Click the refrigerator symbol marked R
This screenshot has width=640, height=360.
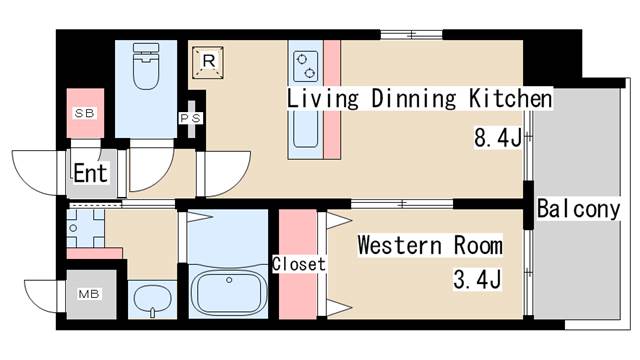(x=208, y=62)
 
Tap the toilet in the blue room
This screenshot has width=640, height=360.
(x=146, y=66)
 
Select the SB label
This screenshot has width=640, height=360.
(x=85, y=113)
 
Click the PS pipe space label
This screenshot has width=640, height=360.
(x=191, y=118)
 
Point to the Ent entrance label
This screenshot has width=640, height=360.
(x=91, y=173)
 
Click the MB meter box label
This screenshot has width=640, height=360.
(x=89, y=294)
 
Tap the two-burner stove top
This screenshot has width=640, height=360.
(x=306, y=66)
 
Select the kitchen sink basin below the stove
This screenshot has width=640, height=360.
(x=305, y=127)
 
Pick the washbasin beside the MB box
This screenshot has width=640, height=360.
(x=153, y=300)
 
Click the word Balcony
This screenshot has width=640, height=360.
(x=578, y=209)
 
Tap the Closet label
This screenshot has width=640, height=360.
(x=299, y=264)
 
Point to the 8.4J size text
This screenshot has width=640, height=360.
(x=498, y=137)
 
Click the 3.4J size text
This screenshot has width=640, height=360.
(x=478, y=280)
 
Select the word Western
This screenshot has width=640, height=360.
(x=400, y=245)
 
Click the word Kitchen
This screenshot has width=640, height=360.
(x=510, y=98)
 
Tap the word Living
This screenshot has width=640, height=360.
(x=322, y=98)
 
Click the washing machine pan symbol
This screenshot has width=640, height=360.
(x=85, y=228)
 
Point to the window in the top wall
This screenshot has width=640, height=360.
(x=411, y=35)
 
